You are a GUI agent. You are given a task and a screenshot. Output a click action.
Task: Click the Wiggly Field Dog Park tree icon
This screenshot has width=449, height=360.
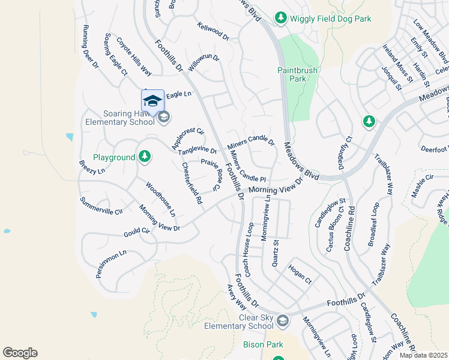[x=280, y=19]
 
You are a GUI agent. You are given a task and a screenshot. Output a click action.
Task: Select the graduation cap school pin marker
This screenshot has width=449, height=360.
[x=152, y=101]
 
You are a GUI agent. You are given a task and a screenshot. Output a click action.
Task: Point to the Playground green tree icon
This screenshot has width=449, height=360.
[x=144, y=157]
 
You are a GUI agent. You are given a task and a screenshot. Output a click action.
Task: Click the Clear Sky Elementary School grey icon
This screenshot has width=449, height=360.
[x=282, y=322]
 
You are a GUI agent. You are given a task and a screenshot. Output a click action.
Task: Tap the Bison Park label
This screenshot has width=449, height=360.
[x=263, y=345]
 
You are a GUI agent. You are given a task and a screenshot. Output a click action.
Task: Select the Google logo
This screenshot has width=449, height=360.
[x=20, y=353]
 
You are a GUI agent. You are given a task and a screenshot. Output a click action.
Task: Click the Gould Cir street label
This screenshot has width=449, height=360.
[x=137, y=230]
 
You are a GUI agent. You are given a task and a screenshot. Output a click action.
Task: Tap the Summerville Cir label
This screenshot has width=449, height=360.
[x=101, y=206]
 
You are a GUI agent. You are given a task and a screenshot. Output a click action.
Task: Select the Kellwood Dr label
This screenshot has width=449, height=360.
[x=213, y=32]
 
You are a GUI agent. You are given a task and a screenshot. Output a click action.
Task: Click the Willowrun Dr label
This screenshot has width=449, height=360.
[x=204, y=62]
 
